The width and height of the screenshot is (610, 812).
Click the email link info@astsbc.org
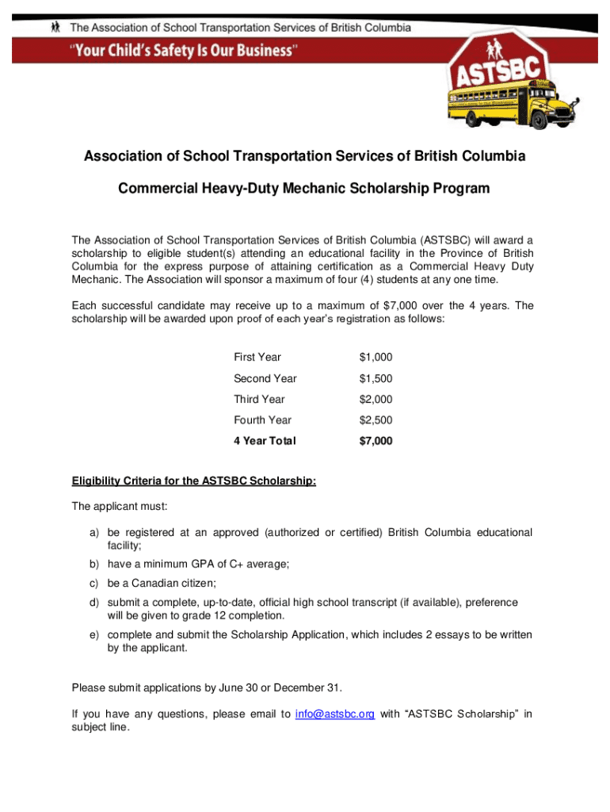334,714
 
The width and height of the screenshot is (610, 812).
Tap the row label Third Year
259,399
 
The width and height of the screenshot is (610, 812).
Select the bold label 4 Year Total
265,441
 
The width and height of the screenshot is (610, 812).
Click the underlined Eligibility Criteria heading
194,480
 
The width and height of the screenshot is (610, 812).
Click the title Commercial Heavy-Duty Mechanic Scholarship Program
304,189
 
